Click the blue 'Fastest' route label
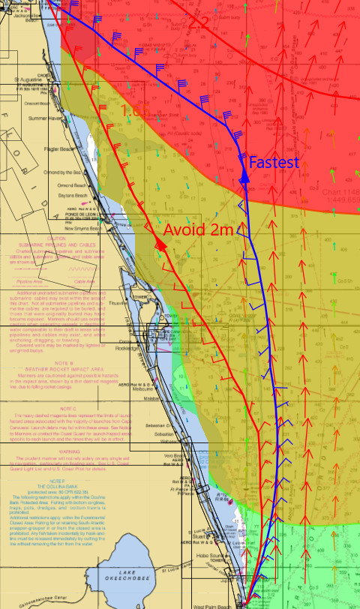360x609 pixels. tap(274, 163)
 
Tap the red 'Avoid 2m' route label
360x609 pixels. tap(199, 229)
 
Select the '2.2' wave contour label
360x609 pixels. tap(198, 23)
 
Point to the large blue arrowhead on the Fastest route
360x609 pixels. tap(243, 175)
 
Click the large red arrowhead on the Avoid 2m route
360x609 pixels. tap(160, 245)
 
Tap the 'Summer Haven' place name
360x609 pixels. tap(44, 118)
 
